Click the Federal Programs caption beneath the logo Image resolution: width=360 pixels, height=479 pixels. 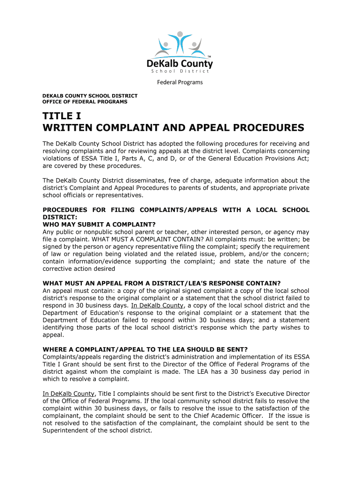(x=180, y=82)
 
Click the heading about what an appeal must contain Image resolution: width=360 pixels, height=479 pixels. (x=161, y=283)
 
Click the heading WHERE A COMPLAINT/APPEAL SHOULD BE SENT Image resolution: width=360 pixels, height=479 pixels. (x=145, y=349)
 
